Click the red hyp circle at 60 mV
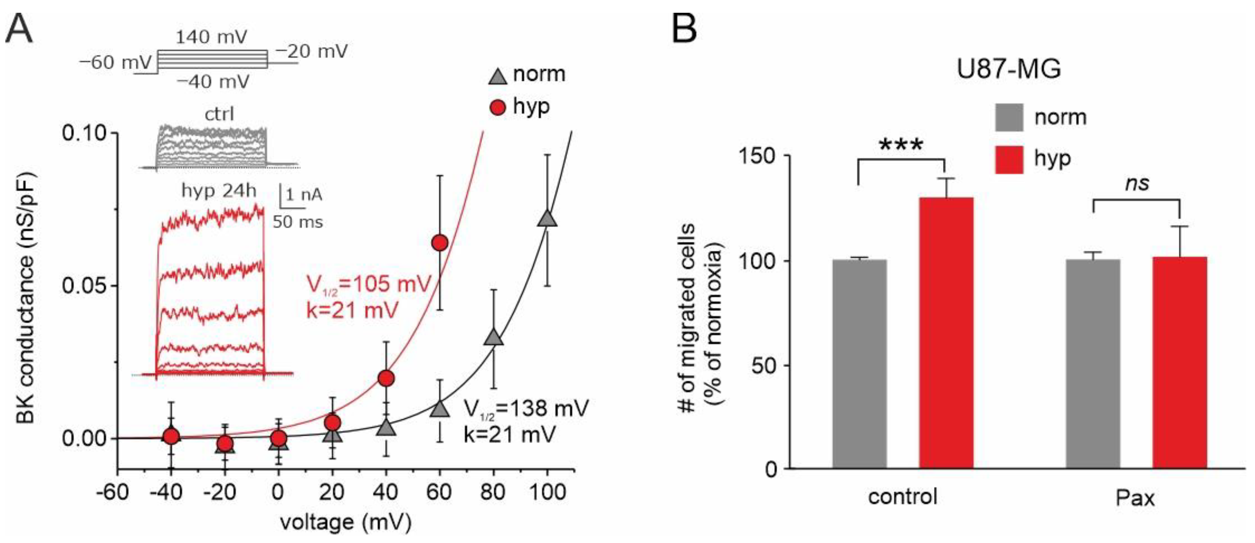[x=440, y=243]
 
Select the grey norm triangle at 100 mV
[x=547, y=218]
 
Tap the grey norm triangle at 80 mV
[x=494, y=337]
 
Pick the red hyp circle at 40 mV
[x=386, y=378]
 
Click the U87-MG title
[x=1008, y=69]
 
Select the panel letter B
[x=684, y=28]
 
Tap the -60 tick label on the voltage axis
[x=112, y=493]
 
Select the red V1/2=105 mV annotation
[x=369, y=284]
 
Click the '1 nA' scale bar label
[x=304, y=195]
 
